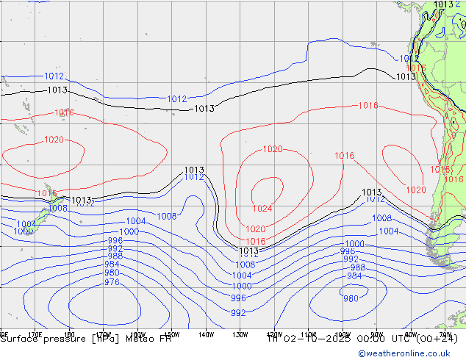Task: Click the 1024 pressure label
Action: tap(262, 209)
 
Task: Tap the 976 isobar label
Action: tap(112, 282)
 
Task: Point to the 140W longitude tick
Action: tap(206, 335)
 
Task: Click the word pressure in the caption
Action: tap(64, 339)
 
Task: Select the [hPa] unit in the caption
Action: tap(104, 339)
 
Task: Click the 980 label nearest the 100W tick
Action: tap(351, 298)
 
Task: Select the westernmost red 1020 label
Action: tap(53, 140)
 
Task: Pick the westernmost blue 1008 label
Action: tap(58, 209)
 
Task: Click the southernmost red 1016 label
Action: tap(256, 241)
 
